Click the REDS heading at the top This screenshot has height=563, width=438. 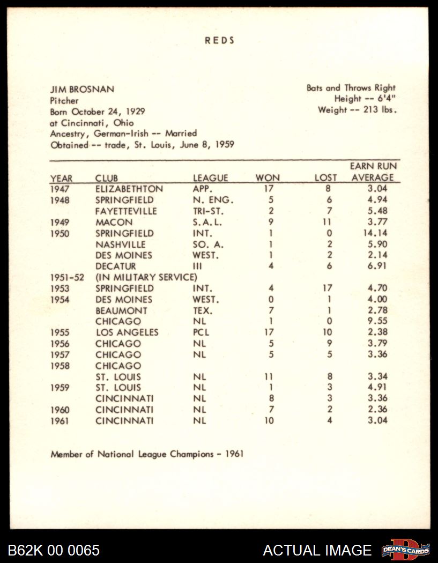coord(219,40)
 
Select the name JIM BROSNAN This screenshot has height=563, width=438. coord(82,89)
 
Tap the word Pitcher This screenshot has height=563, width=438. coord(64,100)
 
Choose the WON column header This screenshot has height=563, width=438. coord(268,178)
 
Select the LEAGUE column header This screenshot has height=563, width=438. coord(210,178)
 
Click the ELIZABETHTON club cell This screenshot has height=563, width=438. coord(129,189)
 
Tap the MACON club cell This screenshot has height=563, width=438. coord(114,222)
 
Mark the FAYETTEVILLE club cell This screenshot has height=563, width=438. coord(126,211)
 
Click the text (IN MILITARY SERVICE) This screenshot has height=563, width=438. coord(146,277)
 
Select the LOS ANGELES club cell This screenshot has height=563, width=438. coord(127,332)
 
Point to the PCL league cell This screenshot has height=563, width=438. coord(201,332)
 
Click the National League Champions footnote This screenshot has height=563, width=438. coord(147,454)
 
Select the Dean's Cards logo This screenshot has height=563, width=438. coord(406,550)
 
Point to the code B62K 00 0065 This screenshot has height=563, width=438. coord(54,550)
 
